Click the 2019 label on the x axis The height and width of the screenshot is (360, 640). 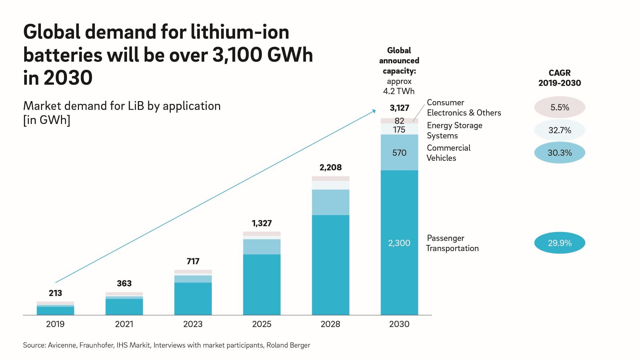(x=55, y=324)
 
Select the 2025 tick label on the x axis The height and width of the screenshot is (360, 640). (x=262, y=324)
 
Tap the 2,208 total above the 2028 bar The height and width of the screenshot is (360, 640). (x=331, y=167)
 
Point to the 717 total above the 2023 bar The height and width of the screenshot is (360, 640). (x=193, y=261)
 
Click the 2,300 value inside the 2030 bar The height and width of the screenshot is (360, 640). (x=399, y=243)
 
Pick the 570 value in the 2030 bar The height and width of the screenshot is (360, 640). (x=399, y=153)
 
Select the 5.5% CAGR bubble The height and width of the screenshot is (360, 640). (x=559, y=107)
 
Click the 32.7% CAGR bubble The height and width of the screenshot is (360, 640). (x=559, y=130)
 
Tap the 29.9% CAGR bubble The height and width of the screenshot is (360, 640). (x=559, y=243)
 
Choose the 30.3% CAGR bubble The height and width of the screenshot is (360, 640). (x=559, y=153)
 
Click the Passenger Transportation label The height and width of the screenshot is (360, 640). (x=452, y=243)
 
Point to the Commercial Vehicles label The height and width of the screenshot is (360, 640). (x=448, y=153)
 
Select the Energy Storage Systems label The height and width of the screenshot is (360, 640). (x=454, y=130)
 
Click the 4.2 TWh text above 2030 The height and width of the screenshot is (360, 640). (x=399, y=91)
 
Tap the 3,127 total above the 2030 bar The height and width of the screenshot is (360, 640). (x=399, y=108)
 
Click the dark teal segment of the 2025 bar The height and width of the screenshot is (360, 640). (x=262, y=284)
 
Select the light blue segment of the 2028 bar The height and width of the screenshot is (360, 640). (x=331, y=202)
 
